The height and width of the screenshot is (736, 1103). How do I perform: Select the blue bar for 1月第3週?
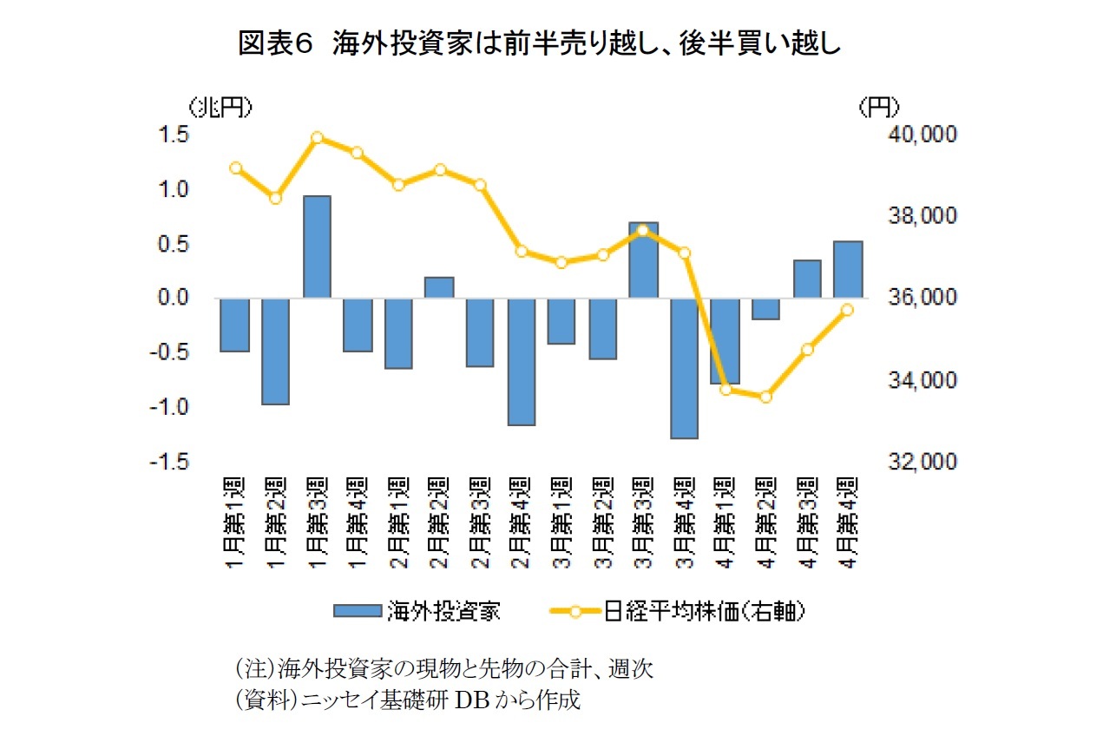pos(317,246)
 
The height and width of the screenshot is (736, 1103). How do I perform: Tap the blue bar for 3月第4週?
pos(684,368)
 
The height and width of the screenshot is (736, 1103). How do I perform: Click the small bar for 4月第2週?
pos(765,308)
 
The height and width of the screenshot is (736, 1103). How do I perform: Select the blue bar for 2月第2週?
pos(439,287)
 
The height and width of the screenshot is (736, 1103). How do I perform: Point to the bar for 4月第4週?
pos(847,269)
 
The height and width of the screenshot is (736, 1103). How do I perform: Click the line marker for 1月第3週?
pos(317,137)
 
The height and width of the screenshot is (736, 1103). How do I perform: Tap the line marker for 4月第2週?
pos(765,397)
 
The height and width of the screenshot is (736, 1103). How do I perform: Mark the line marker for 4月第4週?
pos(847,309)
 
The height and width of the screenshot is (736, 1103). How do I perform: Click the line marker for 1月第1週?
pos(235,168)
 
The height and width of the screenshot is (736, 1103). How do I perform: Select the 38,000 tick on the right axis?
pos(922,216)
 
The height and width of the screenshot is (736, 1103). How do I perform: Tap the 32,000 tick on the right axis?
pos(922,462)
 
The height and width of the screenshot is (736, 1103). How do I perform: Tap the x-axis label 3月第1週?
pos(561,521)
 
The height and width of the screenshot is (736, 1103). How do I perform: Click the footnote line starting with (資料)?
pos(405,700)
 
